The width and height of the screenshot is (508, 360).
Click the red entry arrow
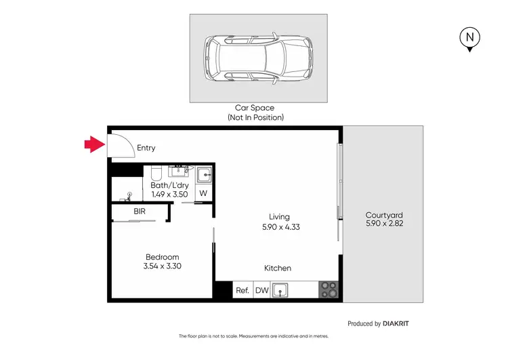tap(93, 144)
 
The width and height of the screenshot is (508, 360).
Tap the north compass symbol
tap(469, 39)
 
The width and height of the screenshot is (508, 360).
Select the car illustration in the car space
tap(258, 57)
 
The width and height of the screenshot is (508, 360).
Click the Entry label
tap(146, 148)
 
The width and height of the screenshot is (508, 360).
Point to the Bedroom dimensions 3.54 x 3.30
tap(163, 266)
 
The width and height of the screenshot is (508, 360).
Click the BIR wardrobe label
tap(140, 212)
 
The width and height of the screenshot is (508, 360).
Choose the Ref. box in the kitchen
tap(242, 291)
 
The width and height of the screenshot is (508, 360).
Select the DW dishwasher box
tap(261, 291)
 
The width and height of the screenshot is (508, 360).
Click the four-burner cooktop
tap(329, 290)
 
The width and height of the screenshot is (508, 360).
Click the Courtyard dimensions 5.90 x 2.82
tap(384, 223)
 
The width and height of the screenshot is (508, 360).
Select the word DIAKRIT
tap(396, 324)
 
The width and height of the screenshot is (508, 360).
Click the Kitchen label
tap(277, 268)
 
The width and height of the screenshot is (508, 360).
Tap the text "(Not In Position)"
tap(255, 117)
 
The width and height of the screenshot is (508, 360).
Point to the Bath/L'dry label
tap(169, 184)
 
